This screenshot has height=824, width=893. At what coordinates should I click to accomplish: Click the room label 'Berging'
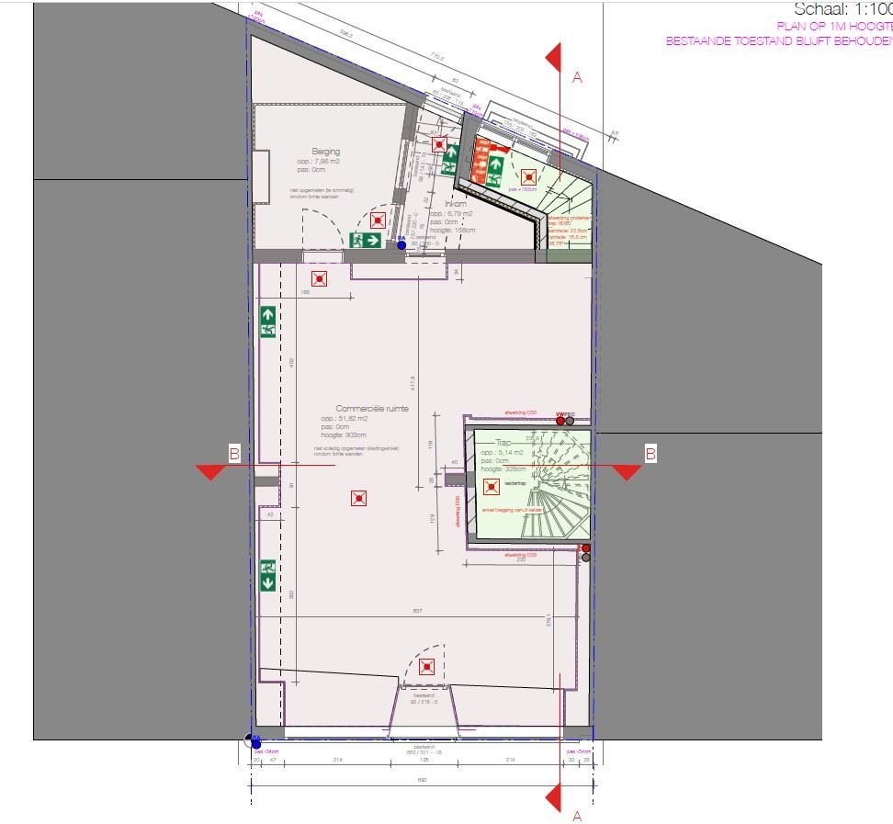(326, 152)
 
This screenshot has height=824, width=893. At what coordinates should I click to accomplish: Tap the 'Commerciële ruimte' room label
(372, 409)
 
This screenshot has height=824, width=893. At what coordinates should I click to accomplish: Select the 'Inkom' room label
(456, 204)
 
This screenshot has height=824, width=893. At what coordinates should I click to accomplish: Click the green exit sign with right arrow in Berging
(366, 241)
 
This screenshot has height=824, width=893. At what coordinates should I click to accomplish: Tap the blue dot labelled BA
(401, 245)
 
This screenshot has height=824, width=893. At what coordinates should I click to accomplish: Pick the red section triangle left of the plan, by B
(211, 471)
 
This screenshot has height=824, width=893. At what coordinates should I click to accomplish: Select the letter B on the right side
(650, 453)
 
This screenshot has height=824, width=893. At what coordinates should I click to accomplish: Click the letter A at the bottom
(577, 815)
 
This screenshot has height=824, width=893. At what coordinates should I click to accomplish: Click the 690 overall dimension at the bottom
(424, 779)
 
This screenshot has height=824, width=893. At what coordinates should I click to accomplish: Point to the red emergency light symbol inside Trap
(491, 485)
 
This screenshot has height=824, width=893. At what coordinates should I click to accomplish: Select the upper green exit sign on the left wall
(268, 322)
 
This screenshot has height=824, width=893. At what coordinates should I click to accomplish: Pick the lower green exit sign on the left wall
(268, 575)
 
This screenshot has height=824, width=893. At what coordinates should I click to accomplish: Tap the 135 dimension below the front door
(424, 761)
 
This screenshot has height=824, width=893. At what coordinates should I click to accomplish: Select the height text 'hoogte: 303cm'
(344, 435)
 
